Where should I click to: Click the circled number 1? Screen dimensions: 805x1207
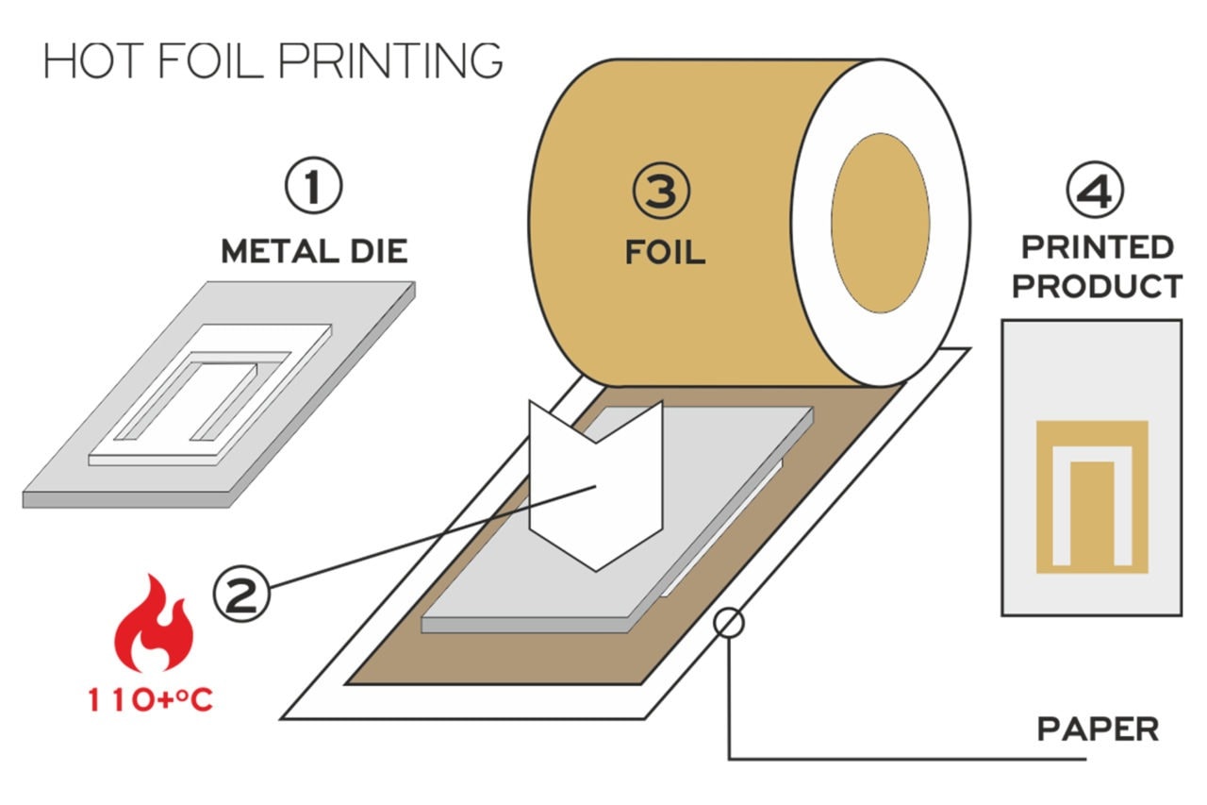click(x=313, y=188)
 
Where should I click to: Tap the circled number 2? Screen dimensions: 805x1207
click(x=241, y=594)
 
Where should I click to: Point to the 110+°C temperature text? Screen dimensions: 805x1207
click(x=151, y=700)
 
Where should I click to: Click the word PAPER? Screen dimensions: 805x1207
click(x=1098, y=730)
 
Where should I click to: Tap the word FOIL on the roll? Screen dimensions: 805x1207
click(x=665, y=252)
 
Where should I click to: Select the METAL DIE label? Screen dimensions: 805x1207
click(x=314, y=251)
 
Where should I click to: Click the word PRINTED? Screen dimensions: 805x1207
click(x=1098, y=248)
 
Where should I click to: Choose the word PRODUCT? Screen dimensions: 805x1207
click(x=1098, y=286)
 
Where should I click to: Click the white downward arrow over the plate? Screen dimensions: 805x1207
click(x=596, y=481)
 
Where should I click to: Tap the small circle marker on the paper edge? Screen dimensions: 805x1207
click(x=730, y=623)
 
